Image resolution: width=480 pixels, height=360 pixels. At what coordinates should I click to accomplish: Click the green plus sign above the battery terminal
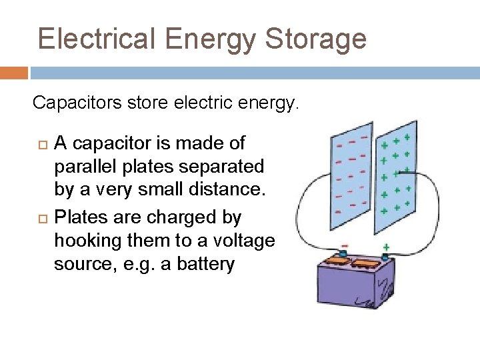tap(386, 247)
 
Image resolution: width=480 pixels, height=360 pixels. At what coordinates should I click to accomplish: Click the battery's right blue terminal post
tap(385, 256)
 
